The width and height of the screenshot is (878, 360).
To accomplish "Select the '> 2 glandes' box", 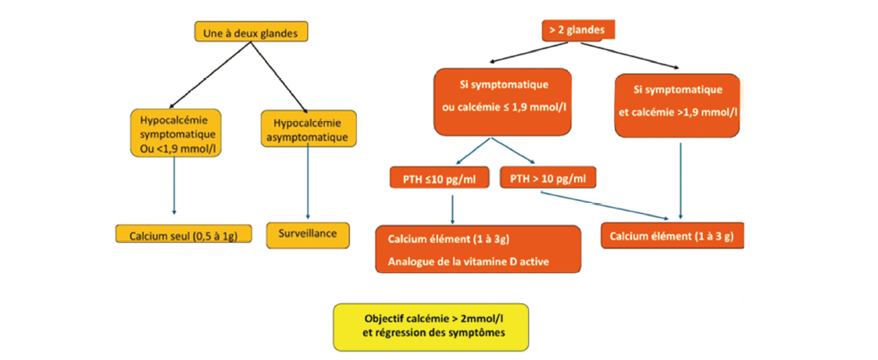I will coord(578,30).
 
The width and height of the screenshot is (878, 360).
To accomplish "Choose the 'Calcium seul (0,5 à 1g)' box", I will coord(184,234).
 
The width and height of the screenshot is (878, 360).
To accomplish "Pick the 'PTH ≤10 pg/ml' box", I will coord(440,179).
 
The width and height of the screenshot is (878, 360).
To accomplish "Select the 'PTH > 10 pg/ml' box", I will coord(547,179).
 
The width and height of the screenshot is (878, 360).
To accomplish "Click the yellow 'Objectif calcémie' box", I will coord(431,326).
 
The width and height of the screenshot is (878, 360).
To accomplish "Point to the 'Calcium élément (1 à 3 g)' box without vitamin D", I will coord(672,236).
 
